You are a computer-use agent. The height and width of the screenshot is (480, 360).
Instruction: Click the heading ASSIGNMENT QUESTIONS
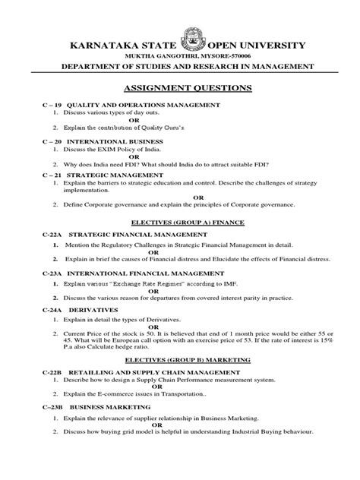pos(180,89)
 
